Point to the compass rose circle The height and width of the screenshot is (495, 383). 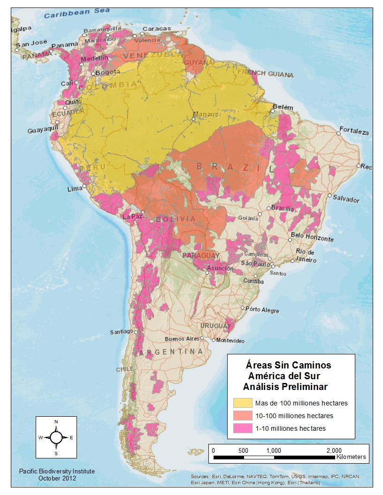coord(56,437)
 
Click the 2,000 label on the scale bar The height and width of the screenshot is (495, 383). coord(333,450)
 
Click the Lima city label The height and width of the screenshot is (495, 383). coord(75,189)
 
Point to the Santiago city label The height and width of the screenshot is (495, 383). coord(122,332)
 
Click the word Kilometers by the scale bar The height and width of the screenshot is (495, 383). coord(351,457)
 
